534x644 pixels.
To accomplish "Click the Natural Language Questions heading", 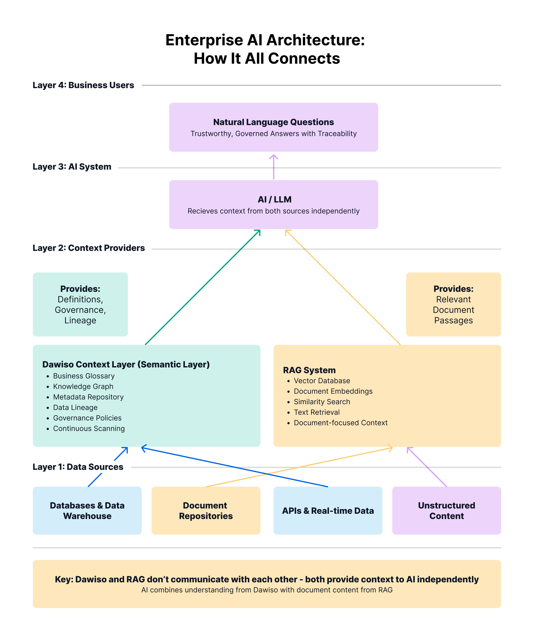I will [x=273, y=122].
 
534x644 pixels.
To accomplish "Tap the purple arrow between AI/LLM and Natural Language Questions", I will [x=273, y=167].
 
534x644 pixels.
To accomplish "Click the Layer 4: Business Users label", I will [x=83, y=85].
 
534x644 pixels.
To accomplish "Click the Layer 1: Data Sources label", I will [x=78, y=467].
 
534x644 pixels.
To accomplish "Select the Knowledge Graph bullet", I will [x=83, y=386].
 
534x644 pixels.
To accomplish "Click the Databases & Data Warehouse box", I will [x=87, y=511].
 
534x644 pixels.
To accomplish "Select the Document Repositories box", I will [x=206, y=511].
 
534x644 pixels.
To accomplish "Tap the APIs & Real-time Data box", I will [x=328, y=511].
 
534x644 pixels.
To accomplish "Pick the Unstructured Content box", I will [x=446, y=511].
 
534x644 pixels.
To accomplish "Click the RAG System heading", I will [x=309, y=370].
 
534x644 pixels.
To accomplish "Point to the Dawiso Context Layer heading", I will [x=126, y=364].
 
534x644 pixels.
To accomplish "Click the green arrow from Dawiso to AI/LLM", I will [x=202, y=288].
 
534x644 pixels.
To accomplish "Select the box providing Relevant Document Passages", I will [x=453, y=304].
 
